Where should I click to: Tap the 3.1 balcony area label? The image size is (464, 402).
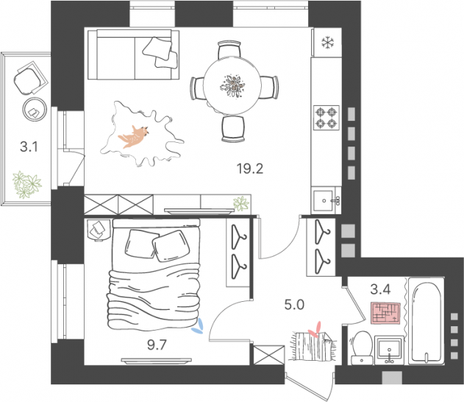[29, 147]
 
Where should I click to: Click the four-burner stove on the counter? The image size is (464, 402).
[326, 117]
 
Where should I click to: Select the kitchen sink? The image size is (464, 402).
[325, 199]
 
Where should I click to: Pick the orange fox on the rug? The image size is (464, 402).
[135, 135]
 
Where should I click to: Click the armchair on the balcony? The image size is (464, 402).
[29, 77]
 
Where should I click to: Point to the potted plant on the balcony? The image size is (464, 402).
[27, 183]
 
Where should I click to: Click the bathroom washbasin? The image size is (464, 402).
[388, 349]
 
